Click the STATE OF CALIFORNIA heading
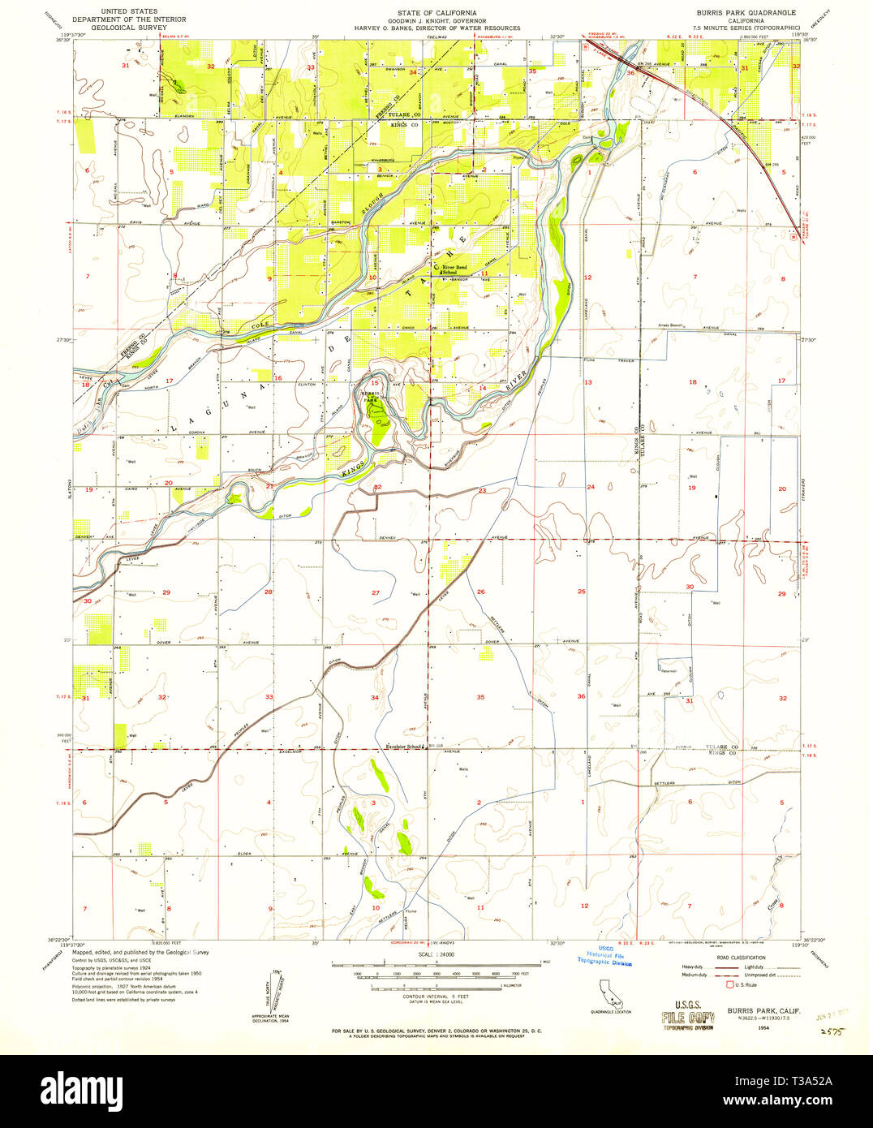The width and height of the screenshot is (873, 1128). point(436,13)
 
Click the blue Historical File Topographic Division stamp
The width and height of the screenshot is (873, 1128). point(604,958)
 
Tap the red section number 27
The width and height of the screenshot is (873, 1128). point(376,593)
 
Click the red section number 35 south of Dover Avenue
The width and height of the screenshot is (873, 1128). point(480,697)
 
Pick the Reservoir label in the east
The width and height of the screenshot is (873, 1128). point(668,671)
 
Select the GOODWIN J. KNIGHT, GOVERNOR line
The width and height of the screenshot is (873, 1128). point(436,20)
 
